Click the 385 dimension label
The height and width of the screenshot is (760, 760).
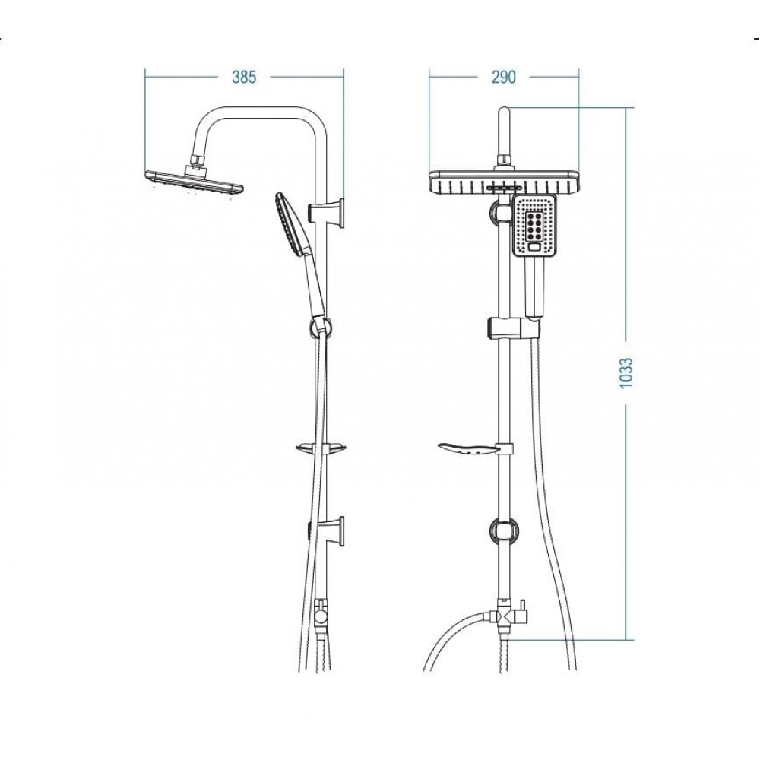243,77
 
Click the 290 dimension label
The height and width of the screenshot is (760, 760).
504,77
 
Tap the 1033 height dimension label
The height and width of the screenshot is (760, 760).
626,372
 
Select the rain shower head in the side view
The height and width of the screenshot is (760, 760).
193,182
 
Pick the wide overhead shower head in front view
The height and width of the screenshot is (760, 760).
504,182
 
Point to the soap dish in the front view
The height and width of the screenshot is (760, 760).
467,449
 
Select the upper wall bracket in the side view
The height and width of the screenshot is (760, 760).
326,212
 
